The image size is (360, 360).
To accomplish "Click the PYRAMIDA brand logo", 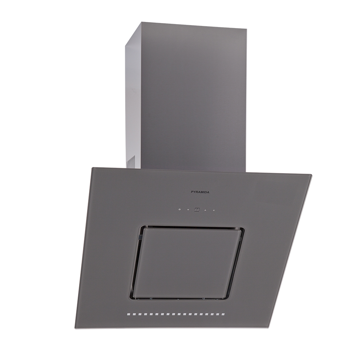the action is pyautogui.click(x=200, y=192).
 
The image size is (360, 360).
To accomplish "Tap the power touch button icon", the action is pyautogui.click(x=180, y=210).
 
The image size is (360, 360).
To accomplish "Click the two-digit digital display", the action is pyautogui.click(x=197, y=210).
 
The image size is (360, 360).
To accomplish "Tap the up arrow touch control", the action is pyautogui.click(x=206, y=210).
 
